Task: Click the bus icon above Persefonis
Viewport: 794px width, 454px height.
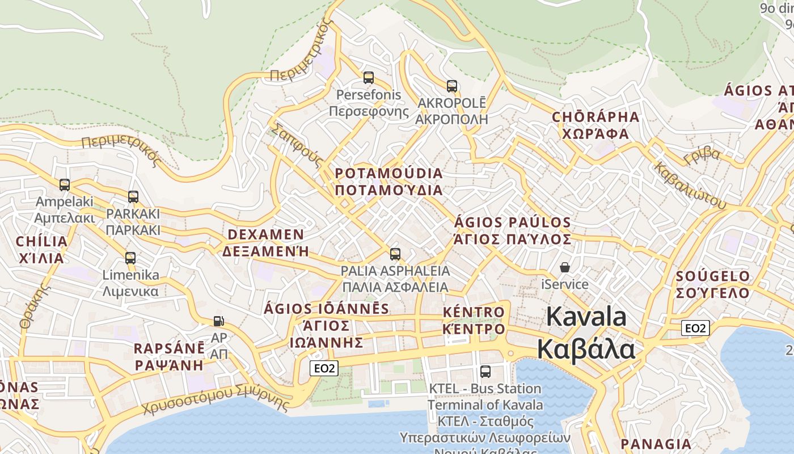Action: [x=369, y=78]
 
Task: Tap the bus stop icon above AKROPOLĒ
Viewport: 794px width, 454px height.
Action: [x=451, y=86]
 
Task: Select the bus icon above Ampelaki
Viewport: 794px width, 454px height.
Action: [x=65, y=185]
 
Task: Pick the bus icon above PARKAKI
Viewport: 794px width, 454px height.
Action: [x=133, y=197]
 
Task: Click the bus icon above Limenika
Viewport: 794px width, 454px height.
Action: [x=130, y=258]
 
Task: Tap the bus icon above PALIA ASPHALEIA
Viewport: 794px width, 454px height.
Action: [x=395, y=254]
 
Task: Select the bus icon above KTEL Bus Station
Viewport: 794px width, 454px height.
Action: [x=485, y=372]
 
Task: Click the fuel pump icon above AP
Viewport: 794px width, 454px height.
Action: [x=218, y=321]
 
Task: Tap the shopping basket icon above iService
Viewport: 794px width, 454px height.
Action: [x=565, y=267]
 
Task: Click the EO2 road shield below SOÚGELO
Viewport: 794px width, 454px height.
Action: [x=695, y=328]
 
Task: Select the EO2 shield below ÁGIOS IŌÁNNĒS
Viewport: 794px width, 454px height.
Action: [x=324, y=368]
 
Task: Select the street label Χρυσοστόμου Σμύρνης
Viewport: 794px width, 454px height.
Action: [x=216, y=400]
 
